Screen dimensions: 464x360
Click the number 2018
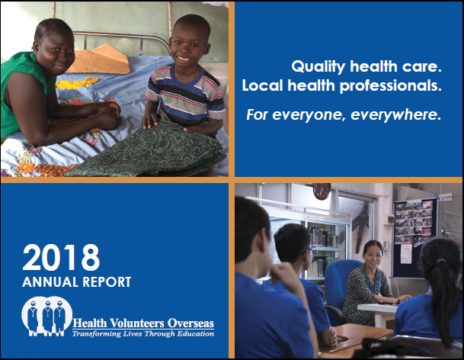click(61, 257)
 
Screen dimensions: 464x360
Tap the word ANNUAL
click(50, 281)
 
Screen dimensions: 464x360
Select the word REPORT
click(107, 281)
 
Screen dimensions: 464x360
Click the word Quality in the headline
click(318, 67)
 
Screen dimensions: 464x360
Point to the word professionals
click(391, 86)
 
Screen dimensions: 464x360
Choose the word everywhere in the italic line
click(395, 115)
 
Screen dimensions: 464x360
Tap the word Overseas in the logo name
click(190, 323)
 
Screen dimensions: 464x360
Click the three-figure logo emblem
click(46, 316)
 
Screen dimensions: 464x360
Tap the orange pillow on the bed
click(100, 59)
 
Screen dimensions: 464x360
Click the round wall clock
click(322, 191)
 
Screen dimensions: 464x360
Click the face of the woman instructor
click(373, 256)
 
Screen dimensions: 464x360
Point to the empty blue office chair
click(341, 284)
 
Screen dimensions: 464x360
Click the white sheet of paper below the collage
click(406, 254)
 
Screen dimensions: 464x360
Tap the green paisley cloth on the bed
click(148, 151)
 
